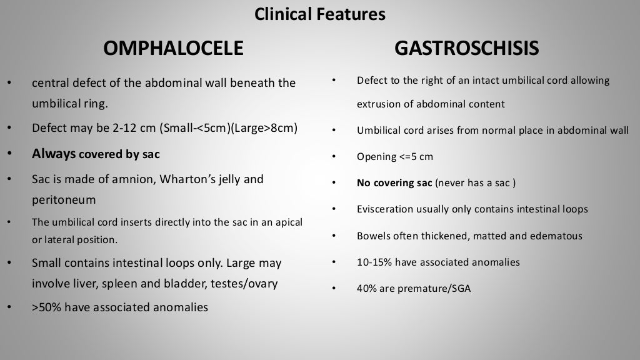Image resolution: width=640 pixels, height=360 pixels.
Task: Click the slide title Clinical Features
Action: click(319, 14)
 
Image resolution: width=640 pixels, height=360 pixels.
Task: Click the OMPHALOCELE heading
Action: click(172, 48)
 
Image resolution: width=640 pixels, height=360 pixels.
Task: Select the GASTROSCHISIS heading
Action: click(466, 48)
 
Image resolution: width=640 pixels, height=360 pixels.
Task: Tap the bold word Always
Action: click(54, 154)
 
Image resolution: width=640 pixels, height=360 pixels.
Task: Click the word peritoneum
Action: click(64, 200)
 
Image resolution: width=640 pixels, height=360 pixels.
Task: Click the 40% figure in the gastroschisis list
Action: click(367, 289)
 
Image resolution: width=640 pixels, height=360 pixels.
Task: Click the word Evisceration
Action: click(386, 209)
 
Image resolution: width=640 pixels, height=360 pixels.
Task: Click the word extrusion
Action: click(376, 104)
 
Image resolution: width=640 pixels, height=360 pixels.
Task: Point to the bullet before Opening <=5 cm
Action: click(334, 157)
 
